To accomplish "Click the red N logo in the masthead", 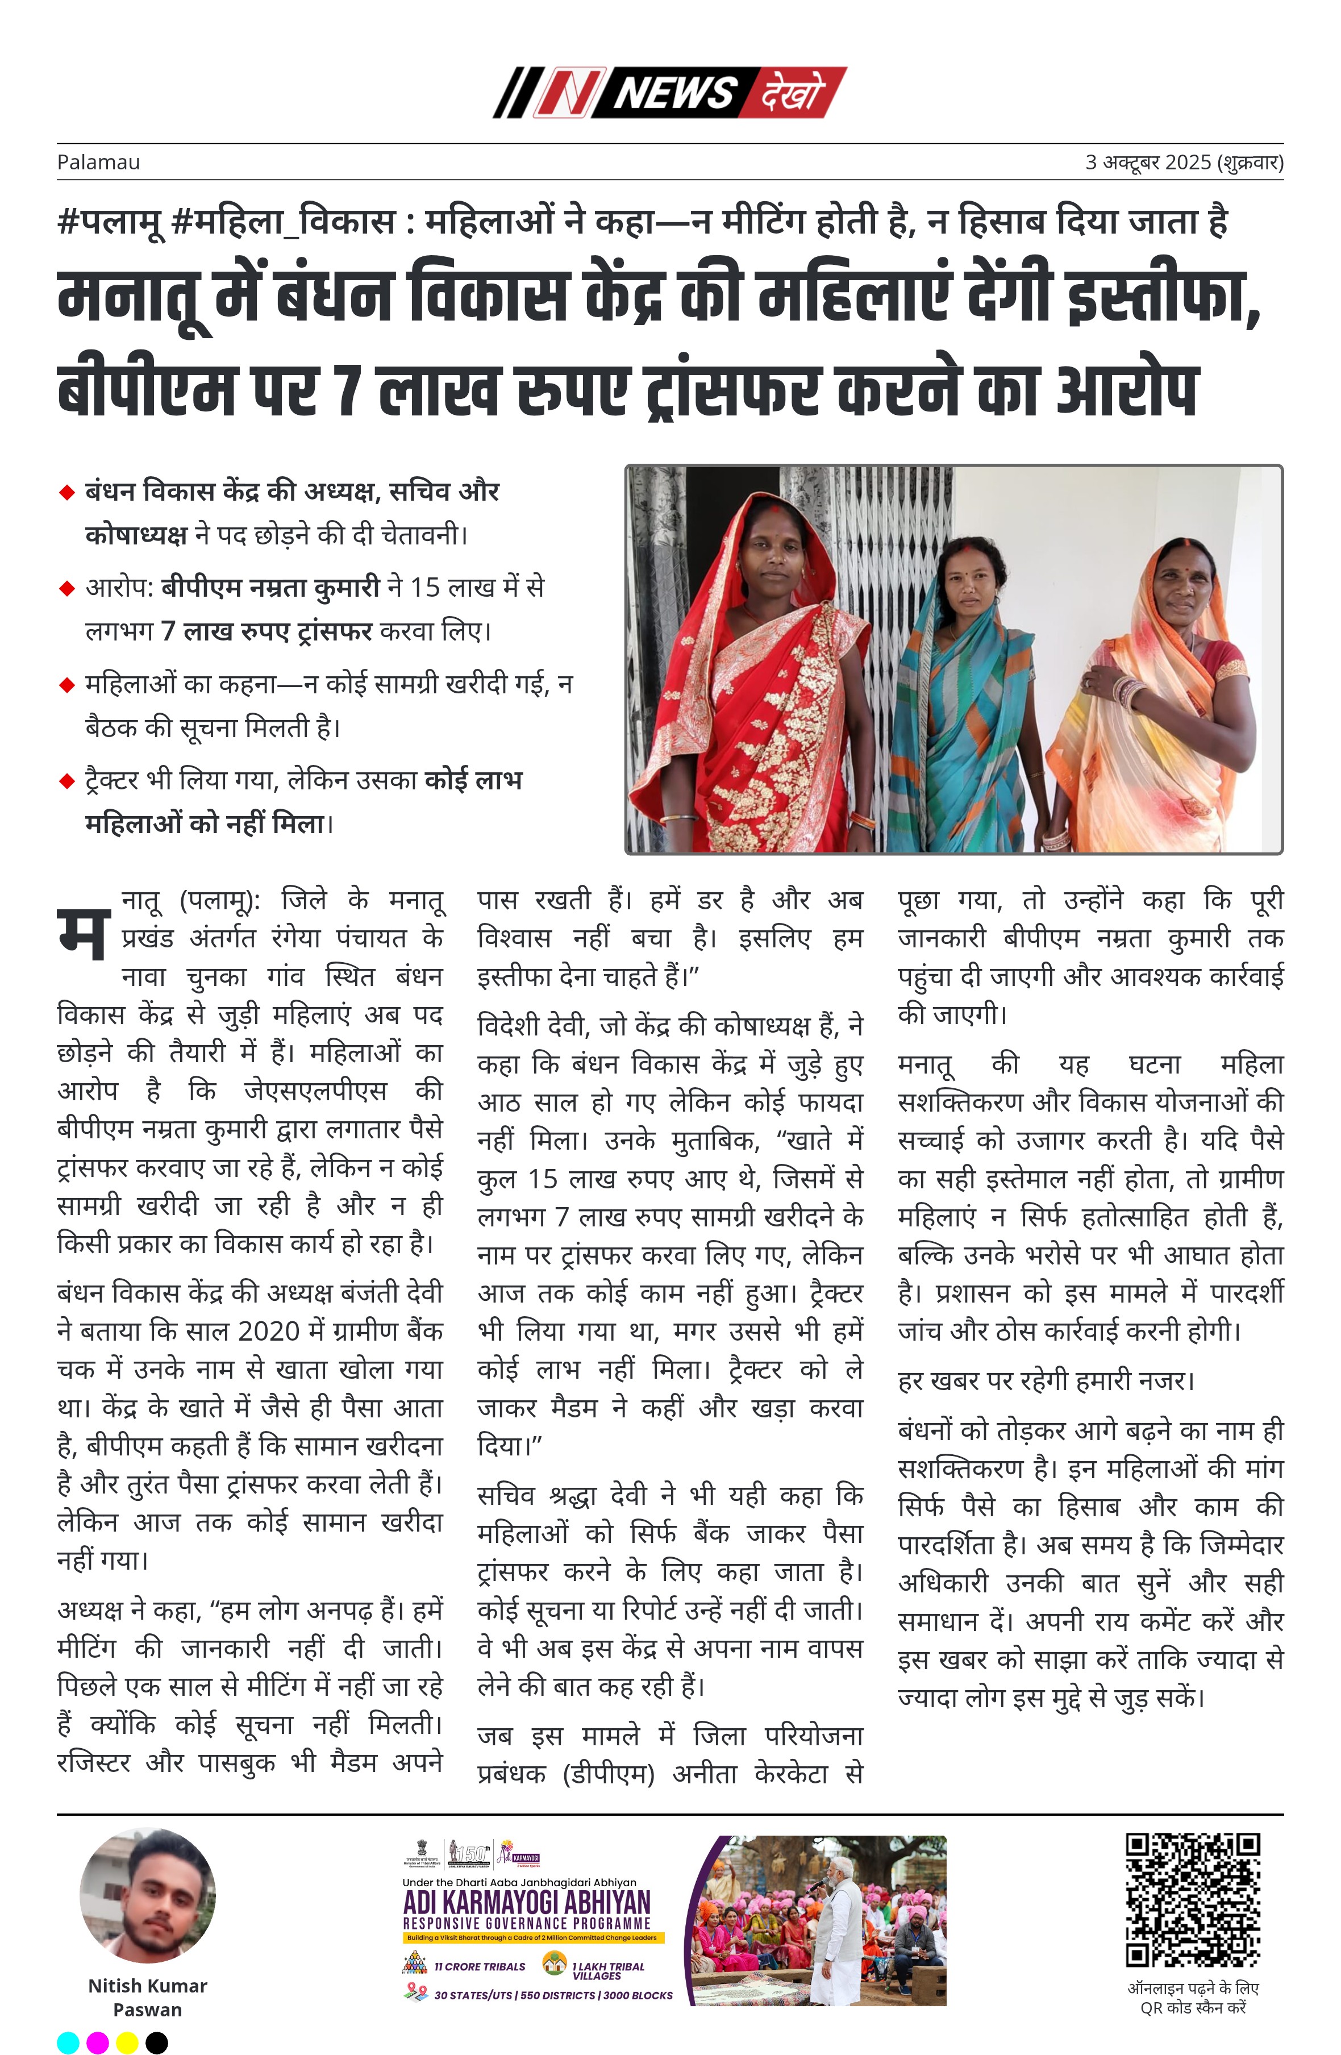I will click(565, 93).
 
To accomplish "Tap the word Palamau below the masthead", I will click(98, 163).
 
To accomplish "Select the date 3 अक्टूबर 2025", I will click(1148, 163).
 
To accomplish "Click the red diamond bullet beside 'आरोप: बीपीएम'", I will click(66, 589).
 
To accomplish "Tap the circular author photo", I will click(148, 1895).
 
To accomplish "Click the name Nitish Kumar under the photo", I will click(148, 1985).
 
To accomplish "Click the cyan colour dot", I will click(68, 2042).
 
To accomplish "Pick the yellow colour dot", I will click(127, 2042).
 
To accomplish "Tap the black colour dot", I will click(156, 2042).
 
